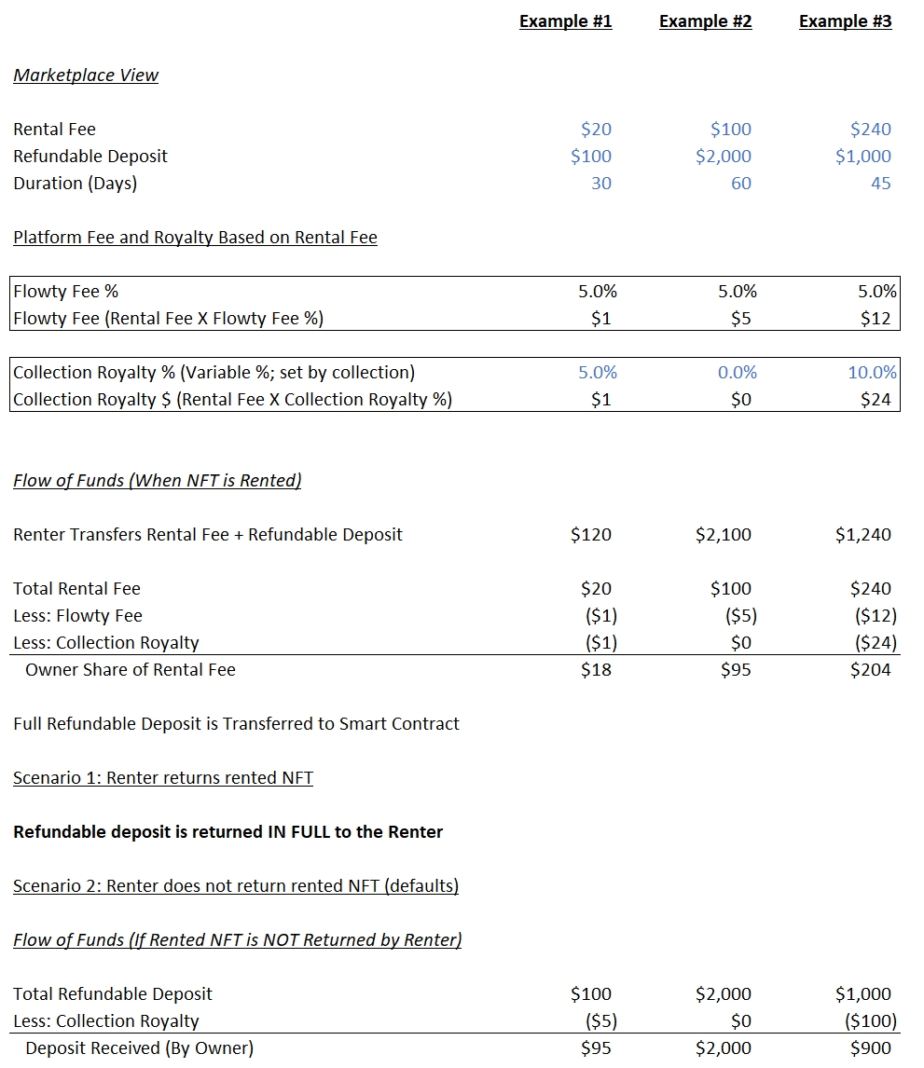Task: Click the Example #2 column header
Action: [x=705, y=21]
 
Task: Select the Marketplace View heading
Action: [x=86, y=75]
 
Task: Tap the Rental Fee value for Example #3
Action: [x=870, y=130]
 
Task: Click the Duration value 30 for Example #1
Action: [x=601, y=184]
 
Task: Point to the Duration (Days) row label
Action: [x=75, y=184]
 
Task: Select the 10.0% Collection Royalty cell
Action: [x=872, y=373]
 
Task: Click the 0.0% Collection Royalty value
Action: [x=738, y=373]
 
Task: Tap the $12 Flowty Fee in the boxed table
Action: [x=876, y=319]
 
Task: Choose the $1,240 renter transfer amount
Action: [x=862, y=535]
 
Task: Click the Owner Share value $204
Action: [x=870, y=670]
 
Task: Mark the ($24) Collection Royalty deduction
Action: [x=875, y=643]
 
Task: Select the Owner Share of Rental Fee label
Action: [x=131, y=670]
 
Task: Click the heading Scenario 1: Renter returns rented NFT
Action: [x=163, y=778]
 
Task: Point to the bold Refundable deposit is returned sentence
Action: [x=228, y=832]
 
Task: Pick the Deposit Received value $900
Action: [x=870, y=1048]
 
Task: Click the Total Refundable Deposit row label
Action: [x=113, y=994]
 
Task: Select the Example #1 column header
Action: [x=565, y=21]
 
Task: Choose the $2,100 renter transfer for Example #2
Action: [x=723, y=535]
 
